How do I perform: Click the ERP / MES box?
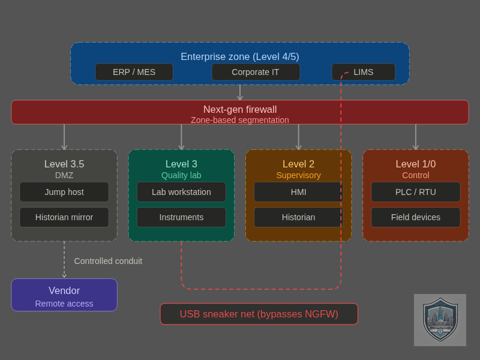point(134,72)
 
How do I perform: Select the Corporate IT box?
point(256,72)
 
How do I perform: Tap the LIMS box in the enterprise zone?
point(364,72)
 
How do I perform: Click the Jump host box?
point(64,192)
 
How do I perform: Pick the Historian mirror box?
point(64,217)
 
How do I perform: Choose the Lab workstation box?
point(181,192)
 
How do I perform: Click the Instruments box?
point(181,217)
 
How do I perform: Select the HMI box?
point(298,192)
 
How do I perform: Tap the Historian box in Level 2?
point(298,217)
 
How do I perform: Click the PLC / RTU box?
point(416,192)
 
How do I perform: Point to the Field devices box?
point(416,217)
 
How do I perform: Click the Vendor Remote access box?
point(64,295)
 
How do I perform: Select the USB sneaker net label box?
point(259,314)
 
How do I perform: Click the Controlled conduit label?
point(108,261)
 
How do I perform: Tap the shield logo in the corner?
point(440,320)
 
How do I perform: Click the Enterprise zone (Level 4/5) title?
point(240,56)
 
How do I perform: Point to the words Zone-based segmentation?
point(240,120)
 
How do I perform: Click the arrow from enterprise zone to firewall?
point(240,92)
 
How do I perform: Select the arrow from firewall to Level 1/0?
point(416,137)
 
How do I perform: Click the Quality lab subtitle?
point(181,175)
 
